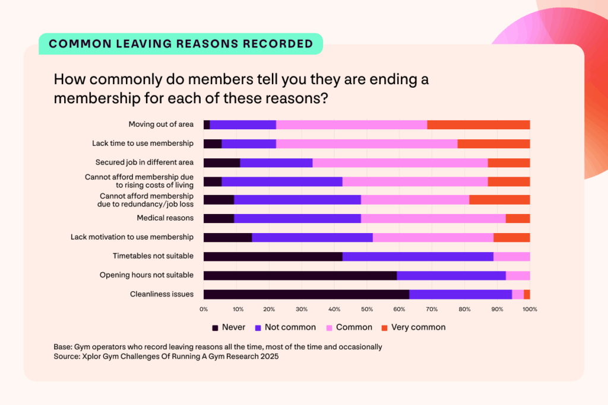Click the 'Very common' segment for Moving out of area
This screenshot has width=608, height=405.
pos(478,125)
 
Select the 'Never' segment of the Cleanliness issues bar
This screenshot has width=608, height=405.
pos(306,294)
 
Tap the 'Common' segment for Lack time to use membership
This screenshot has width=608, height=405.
pos(366,143)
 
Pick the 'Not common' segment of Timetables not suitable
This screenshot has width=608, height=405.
pos(417,256)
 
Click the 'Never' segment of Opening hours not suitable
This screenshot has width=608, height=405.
pos(300,275)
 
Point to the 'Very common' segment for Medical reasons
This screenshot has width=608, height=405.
pos(517,218)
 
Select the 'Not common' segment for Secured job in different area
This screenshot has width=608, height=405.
pos(276,162)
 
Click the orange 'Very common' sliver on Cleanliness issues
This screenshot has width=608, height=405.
pos(527,294)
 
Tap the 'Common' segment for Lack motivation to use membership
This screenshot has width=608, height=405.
pos(433,237)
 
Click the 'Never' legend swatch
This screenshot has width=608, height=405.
pos(215,327)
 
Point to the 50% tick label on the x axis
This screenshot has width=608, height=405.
pos(366,310)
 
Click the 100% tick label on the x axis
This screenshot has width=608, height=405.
pos(529,310)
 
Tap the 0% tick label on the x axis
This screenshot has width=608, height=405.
pos(204,310)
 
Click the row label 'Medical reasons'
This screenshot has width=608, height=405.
pos(165,218)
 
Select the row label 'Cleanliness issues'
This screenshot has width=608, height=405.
pos(161,294)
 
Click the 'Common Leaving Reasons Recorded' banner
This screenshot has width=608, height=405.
pos(180,44)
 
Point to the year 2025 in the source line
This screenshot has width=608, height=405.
pos(266,356)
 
